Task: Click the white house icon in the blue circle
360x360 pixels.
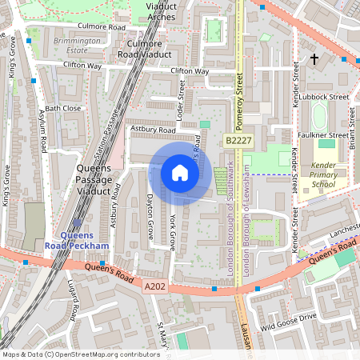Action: (x=180, y=173)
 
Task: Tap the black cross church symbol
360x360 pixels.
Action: (x=314, y=59)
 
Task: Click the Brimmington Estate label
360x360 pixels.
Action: (x=70, y=45)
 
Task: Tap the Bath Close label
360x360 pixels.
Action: (x=63, y=108)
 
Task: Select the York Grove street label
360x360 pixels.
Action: (x=172, y=232)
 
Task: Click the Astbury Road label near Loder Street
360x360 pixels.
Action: (x=152, y=130)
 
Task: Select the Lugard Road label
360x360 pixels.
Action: (x=74, y=298)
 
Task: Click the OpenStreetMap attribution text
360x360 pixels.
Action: (x=81, y=354)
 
